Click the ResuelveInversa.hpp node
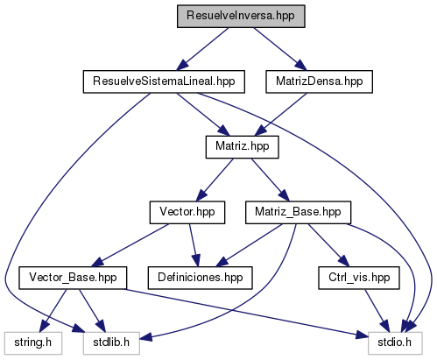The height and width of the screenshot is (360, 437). (241, 17)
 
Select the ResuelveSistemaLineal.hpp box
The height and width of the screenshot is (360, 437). (164, 81)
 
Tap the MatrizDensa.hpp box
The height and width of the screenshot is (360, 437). (319, 81)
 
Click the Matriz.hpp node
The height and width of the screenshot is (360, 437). (243, 147)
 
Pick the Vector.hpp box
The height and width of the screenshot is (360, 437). (187, 213)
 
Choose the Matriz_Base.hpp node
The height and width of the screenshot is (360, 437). (298, 213)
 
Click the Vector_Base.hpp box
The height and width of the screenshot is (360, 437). (73, 278)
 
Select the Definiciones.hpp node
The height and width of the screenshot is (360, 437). (201, 278)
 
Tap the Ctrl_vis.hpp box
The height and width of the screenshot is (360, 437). (359, 278)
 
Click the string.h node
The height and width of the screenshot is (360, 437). (33, 343)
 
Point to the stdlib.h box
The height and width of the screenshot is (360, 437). (111, 343)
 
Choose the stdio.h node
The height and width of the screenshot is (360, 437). (395, 343)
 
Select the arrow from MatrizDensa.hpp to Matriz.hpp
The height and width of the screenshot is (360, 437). (280, 115)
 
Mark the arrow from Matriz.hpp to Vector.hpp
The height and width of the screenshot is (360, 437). (215, 180)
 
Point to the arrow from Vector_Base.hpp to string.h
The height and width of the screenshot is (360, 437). (53, 311)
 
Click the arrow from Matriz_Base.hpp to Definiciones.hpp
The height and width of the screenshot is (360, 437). (249, 245)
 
